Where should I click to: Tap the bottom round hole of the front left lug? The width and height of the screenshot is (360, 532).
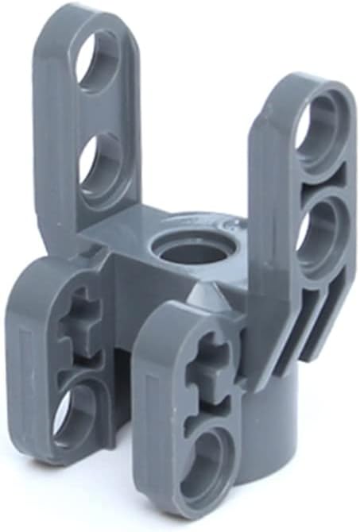pos(75,412)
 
